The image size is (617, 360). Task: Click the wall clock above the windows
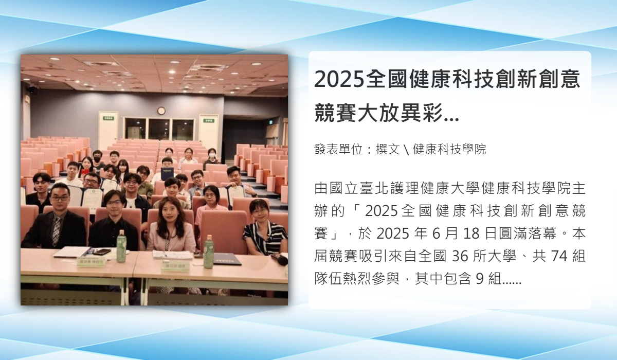click(161, 111)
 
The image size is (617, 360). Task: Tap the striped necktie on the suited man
click(57, 231)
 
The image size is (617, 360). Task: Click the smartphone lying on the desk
click(102, 252)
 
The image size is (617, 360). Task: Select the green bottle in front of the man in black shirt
click(121, 246)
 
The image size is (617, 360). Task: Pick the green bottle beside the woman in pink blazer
click(209, 251)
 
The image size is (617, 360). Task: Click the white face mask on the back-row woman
click(212, 155)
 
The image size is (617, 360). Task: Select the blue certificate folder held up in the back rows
click(167, 173)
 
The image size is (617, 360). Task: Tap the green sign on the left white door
click(108, 118)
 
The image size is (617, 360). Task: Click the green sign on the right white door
click(208, 120)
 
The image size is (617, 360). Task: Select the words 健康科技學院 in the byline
click(449, 149)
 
